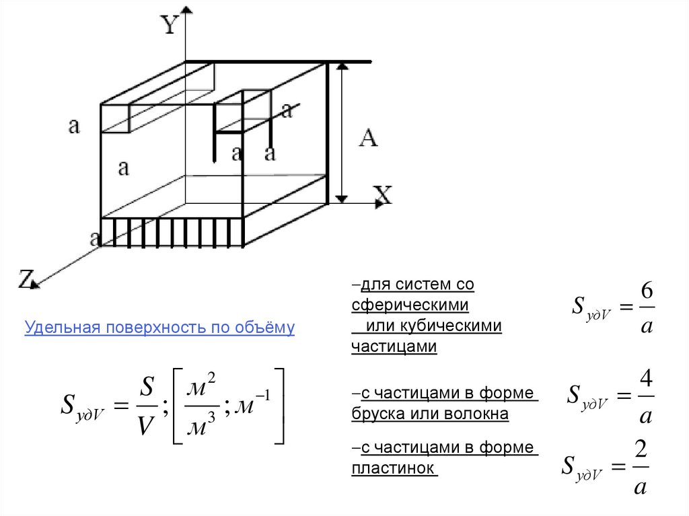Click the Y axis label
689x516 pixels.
click(x=170, y=26)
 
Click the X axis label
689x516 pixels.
click(x=382, y=195)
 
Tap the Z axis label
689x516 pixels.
click(x=25, y=278)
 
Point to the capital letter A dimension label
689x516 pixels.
click(x=368, y=139)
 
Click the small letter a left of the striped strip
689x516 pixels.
click(x=95, y=237)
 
